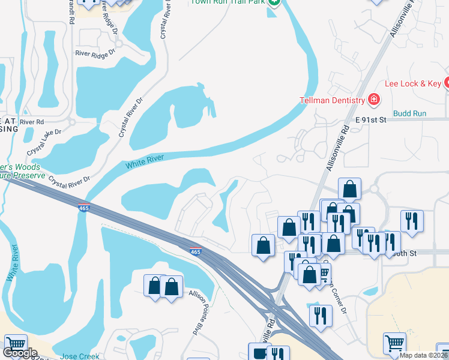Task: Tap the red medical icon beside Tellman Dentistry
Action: tap(374, 99)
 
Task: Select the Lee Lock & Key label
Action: tap(413, 84)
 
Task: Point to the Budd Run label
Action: tap(409, 113)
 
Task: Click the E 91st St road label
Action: tap(377, 120)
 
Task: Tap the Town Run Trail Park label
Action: tap(228, 2)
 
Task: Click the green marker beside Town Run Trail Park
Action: tap(274, 2)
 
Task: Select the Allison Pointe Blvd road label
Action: tap(194, 313)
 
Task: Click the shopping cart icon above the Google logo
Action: tap(15, 344)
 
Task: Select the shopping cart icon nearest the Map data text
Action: tap(395, 343)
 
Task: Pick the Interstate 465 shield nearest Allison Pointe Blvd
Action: tap(195, 252)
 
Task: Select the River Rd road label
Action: tap(32, 122)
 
